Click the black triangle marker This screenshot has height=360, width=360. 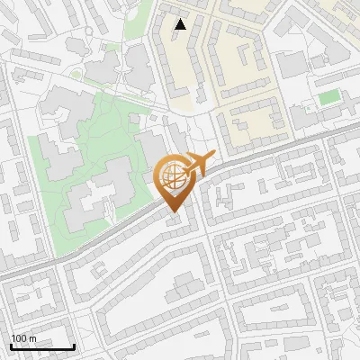pyautogui.click(x=181, y=24)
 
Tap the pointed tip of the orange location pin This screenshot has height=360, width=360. pyautogui.click(x=172, y=212)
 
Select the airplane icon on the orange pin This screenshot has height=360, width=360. pyautogui.click(x=195, y=165)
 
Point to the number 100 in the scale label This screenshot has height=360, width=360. pyautogui.click(x=20, y=338)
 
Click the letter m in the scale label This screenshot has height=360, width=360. pyautogui.click(x=32, y=338)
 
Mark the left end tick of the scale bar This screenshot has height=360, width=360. pyautogui.click(x=10, y=346)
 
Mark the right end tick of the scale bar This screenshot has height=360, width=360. pyautogui.click(x=74, y=346)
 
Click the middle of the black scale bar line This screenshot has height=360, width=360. pyautogui.click(x=41, y=347)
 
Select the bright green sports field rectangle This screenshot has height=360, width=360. pyautogui.click(x=327, y=96)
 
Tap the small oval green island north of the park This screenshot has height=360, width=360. pyautogui.click(x=77, y=73)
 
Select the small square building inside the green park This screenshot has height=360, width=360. pyautogui.click(x=135, y=119)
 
